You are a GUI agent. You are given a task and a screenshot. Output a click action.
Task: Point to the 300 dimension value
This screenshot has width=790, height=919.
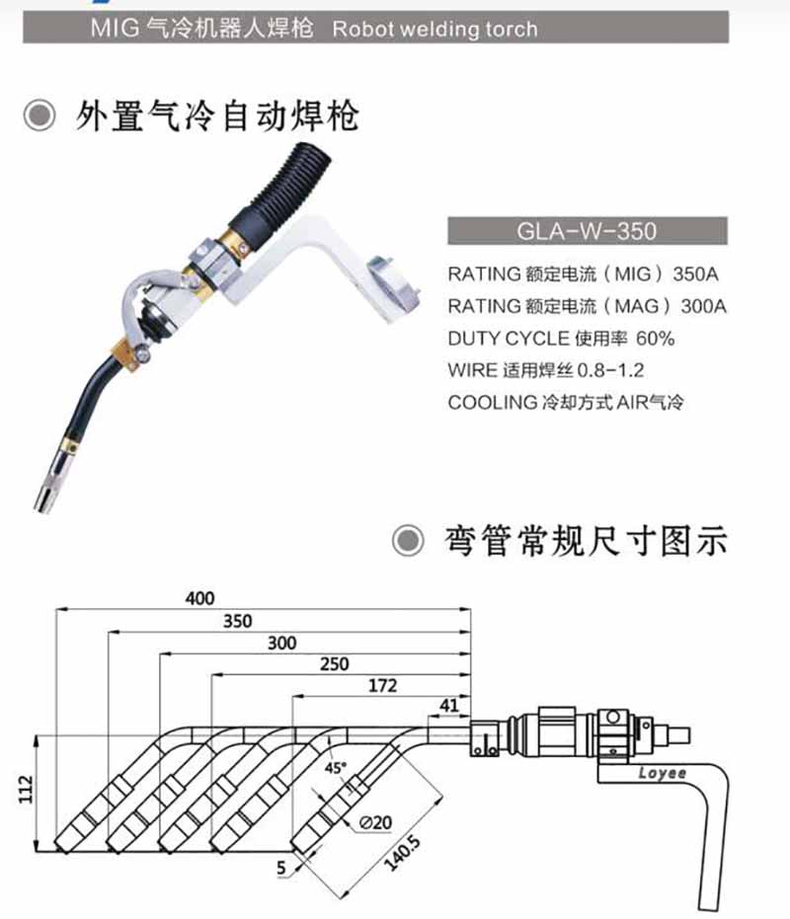click(x=281, y=643)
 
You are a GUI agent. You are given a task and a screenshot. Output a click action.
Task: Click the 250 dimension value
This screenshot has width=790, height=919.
click(x=334, y=664)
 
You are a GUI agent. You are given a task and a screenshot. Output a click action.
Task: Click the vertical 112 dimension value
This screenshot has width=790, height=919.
click(x=27, y=790)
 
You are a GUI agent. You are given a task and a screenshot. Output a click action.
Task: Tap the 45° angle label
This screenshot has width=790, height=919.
click(x=337, y=767)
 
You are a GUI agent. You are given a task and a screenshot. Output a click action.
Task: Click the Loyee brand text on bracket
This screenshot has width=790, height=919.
click(x=663, y=774)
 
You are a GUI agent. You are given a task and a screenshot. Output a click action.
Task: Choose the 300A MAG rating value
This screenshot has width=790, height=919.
click(x=703, y=306)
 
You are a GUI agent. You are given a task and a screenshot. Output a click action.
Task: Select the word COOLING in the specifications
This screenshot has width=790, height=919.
click(x=491, y=403)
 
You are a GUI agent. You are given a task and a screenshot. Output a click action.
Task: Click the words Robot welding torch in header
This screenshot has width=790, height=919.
click(x=435, y=28)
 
